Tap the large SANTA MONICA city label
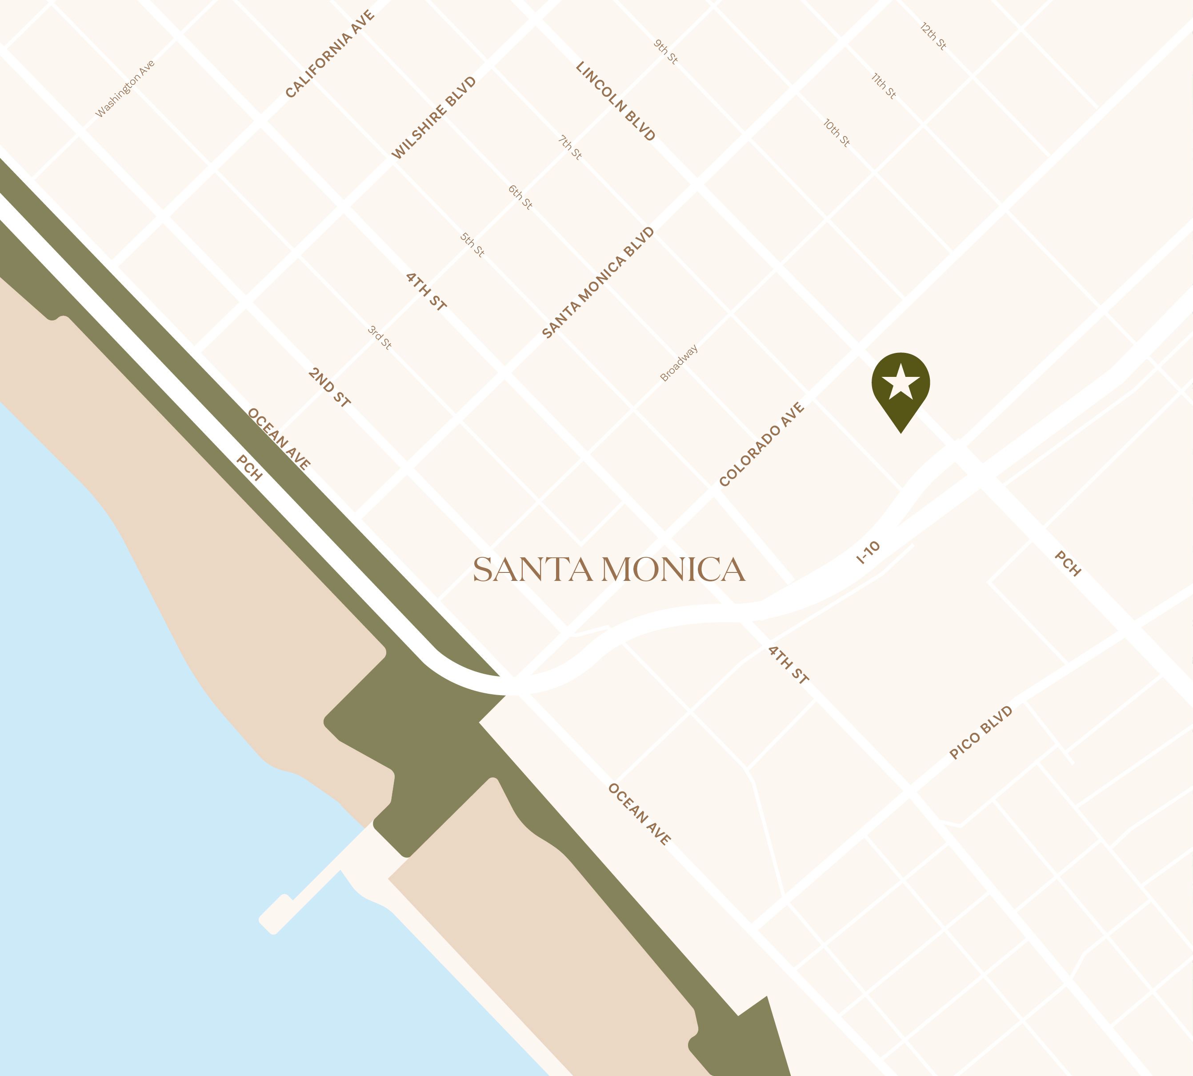click(x=609, y=570)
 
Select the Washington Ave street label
click(x=125, y=89)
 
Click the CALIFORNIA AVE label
click(x=330, y=54)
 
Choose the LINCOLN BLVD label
click(x=616, y=101)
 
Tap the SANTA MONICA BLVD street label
click(x=598, y=283)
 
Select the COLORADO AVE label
click(x=762, y=444)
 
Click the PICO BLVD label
click(x=981, y=732)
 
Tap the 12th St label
click(x=933, y=36)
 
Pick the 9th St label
click(x=666, y=52)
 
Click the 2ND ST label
click(x=329, y=387)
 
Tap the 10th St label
click(x=837, y=133)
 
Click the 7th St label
click(x=570, y=147)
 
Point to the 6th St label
click(x=520, y=197)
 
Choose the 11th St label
click(x=884, y=86)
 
